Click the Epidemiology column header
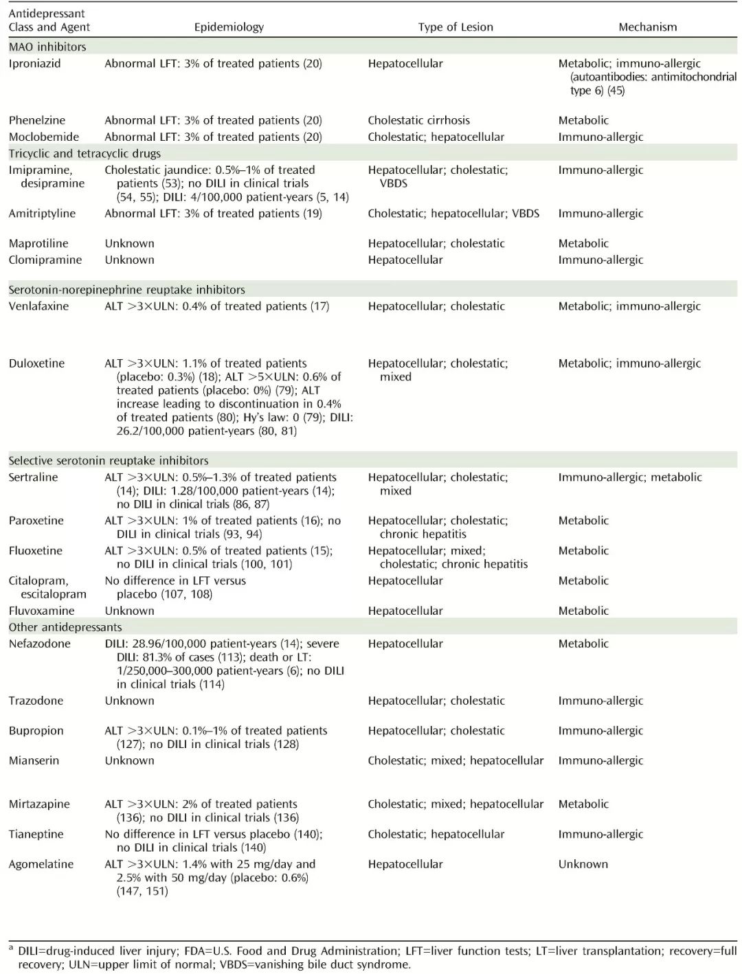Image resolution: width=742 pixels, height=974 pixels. click(229, 27)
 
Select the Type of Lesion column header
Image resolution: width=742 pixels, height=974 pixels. click(456, 27)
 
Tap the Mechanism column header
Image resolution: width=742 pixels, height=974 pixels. click(647, 27)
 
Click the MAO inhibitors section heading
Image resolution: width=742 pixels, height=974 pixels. click(47, 47)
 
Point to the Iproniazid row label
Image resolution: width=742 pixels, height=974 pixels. click(34, 63)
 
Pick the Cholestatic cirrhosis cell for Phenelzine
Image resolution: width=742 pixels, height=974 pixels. click(418, 120)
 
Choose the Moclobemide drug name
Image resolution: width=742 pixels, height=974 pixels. click(44, 137)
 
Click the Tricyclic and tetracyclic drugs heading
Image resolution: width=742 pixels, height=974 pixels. click(85, 153)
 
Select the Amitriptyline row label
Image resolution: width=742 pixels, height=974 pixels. click(42, 214)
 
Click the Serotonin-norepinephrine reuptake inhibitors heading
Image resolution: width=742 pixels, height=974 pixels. click(126, 290)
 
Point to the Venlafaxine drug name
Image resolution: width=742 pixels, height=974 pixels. click(38, 306)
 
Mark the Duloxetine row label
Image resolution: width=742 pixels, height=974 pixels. click(36, 363)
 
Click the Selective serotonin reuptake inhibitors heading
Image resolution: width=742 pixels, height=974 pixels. click(109, 461)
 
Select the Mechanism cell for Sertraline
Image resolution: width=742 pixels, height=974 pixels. click(630, 477)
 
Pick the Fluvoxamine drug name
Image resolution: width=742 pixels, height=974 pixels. click(41, 611)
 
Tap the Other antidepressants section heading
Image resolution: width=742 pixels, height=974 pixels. click(65, 627)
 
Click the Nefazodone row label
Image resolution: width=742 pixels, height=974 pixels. click(39, 644)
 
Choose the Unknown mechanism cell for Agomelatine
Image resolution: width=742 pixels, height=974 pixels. click(583, 864)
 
